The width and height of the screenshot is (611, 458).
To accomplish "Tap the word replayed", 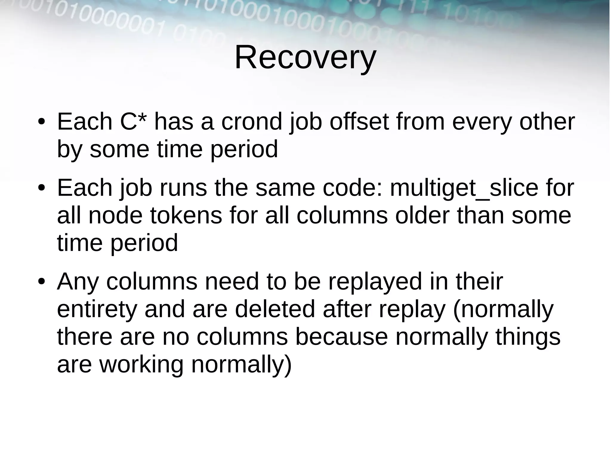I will pyautogui.click(x=375, y=281).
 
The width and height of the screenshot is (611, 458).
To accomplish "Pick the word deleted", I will pyautogui.click(x=274, y=309).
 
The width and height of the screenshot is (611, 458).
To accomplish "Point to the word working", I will pyautogui.click(x=141, y=364).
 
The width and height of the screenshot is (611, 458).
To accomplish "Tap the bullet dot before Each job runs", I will pyautogui.click(x=41, y=189).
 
